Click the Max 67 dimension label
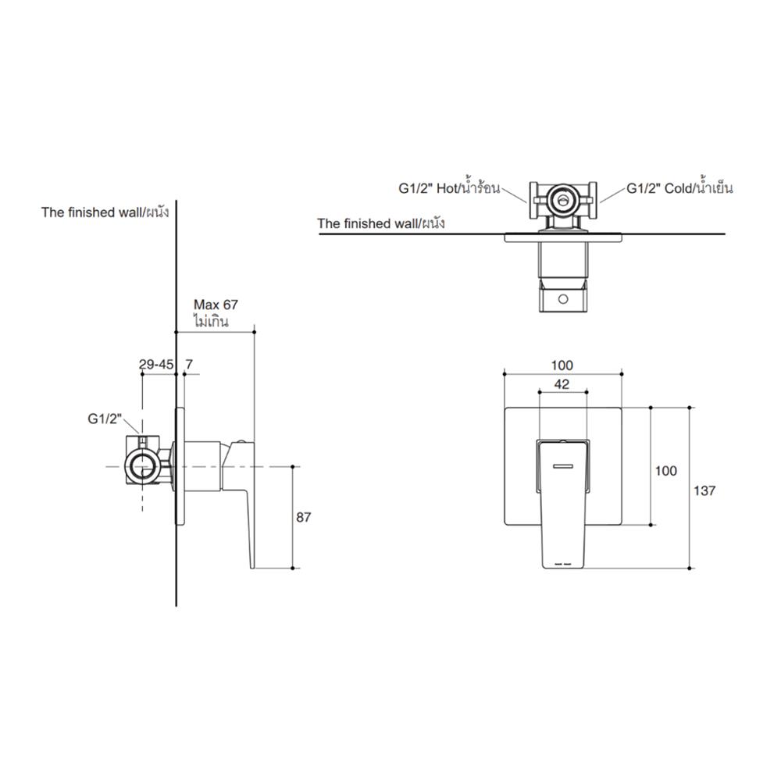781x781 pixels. (215, 305)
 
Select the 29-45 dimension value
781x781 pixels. (156, 364)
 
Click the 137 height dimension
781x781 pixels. (704, 490)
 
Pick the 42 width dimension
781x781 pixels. (562, 383)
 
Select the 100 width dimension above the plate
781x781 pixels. (562, 365)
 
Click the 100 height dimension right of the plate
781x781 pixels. (665, 471)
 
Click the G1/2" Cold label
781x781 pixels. (679, 188)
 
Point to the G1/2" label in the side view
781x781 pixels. (105, 419)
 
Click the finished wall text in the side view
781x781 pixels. (105, 212)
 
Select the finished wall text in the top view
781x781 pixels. (380, 223)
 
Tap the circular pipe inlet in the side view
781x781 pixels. (141, 466)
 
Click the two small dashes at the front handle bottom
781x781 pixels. (562, 562)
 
